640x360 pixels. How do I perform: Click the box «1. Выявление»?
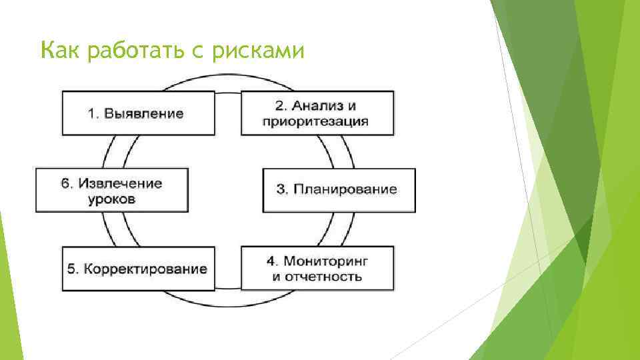click(x=139, y=113)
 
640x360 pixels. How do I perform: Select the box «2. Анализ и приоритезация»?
click(x=317, y=113)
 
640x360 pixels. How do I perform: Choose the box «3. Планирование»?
click(x=339, y=190)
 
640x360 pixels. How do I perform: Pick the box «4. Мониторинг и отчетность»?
click(x=317, y=268)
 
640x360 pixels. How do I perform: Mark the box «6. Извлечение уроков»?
click(x=111, y=191)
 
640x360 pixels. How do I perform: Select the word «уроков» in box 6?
click(x=112, y=199)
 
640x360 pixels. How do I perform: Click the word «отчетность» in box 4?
click(x=323, y=276)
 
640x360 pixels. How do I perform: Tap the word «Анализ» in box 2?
click(x=321, y=105)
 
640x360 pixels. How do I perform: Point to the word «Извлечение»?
click(x=121, y=183)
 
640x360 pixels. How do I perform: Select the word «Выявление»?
click(x=144, y=113)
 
